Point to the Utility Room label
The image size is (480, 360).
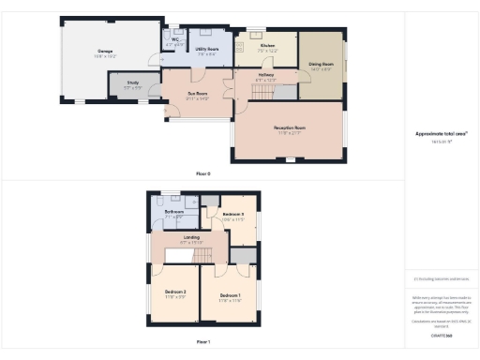(x=205, y=51)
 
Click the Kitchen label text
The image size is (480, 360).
(x=265, y=47)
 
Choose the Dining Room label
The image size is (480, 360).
(x=322, y=65)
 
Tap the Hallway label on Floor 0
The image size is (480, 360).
(x=266, y=78)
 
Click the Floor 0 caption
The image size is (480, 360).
(x=203, y=174)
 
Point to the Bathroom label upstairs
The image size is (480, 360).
(x=173, y=213)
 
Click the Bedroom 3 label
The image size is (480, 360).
(x=233, y=216)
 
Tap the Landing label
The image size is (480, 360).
(x=191, y=239)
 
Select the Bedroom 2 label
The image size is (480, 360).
(x=176, y=292)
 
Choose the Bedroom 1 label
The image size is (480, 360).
(x=231, y=298)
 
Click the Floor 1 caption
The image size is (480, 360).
(x=203, y=342)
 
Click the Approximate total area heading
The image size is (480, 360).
(x=441, y=133)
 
